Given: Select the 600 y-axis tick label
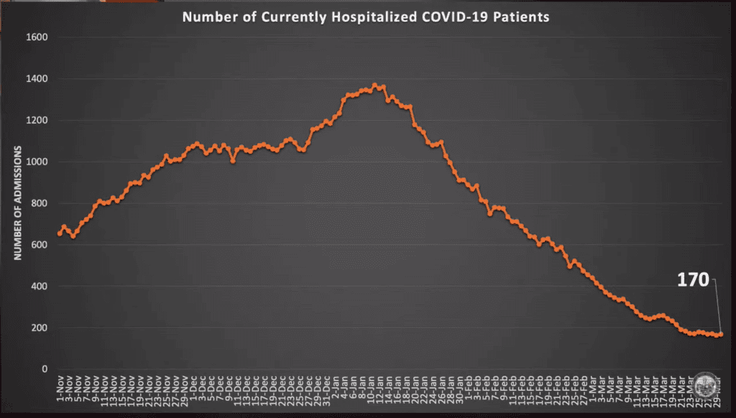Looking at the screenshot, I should pyautogui.click(x=39, y=245).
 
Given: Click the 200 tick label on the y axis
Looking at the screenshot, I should pyautogui.click(x=39, y=328).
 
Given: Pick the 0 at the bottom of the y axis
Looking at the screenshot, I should pyautogui.click(x=45, y=369).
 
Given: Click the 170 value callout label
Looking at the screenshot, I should pyautogui.click(x=693, y=280).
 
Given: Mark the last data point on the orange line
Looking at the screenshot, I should pyautogui.click(x=720, y=334).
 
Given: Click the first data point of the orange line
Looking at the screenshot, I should pyautogui.click(x=60, y=233).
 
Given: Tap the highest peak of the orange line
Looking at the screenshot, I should pyautogui.click(x=374, y=85).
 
